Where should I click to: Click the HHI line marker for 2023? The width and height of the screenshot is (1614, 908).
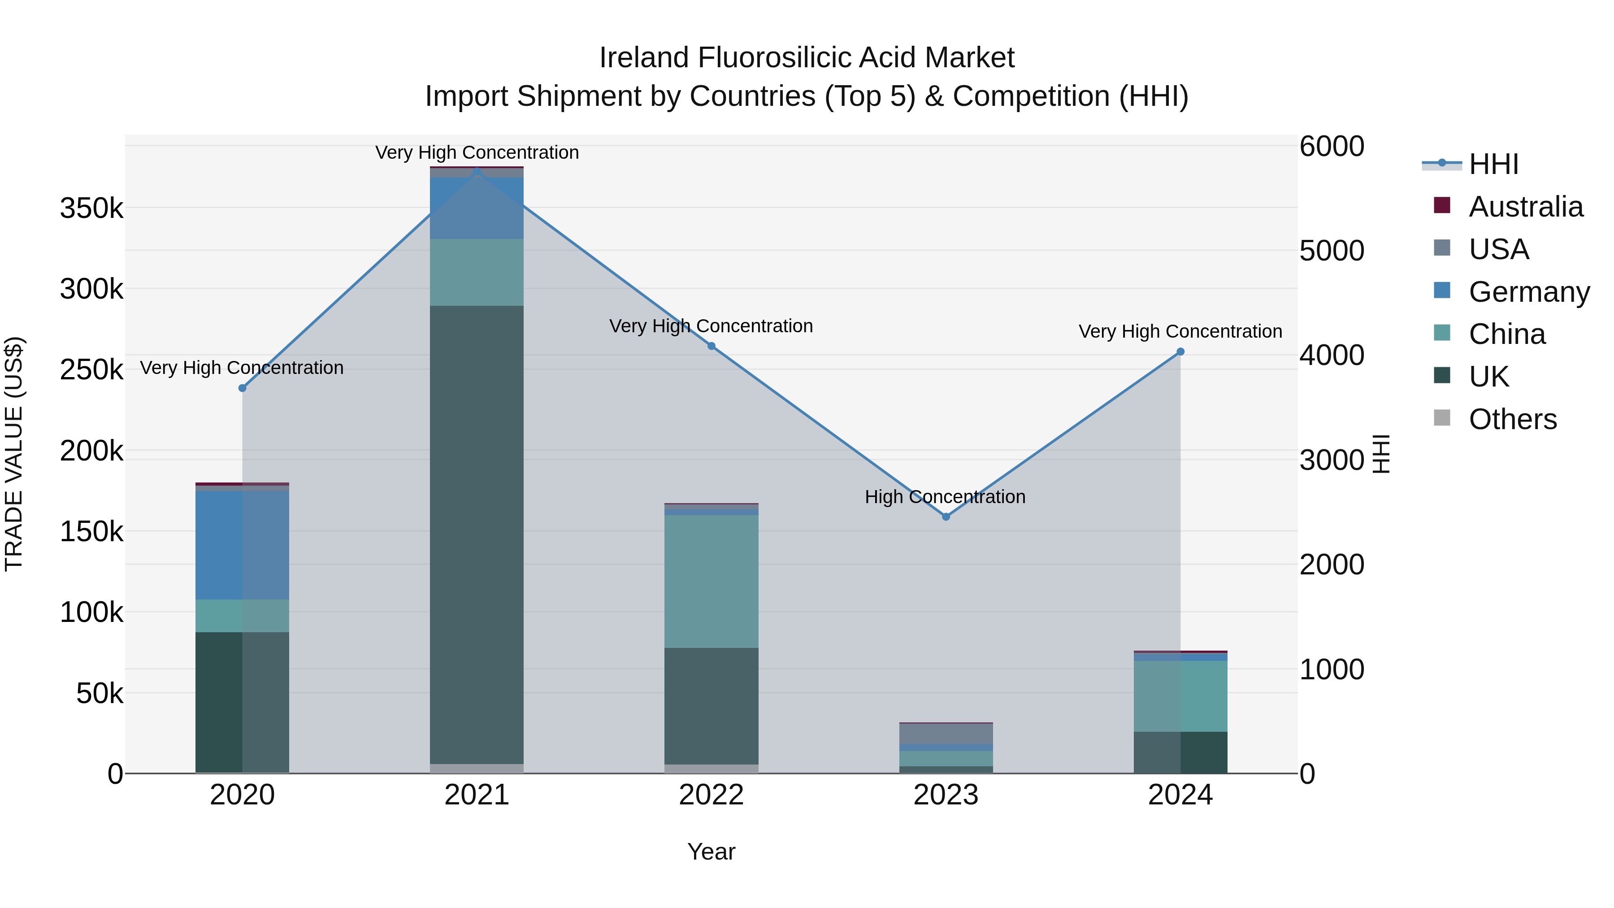[946, 517]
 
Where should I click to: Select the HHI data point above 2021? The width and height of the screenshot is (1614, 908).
[477, 171]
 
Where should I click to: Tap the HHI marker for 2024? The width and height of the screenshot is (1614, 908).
[1180, 352]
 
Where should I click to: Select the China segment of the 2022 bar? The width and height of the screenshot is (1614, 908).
[711, 581]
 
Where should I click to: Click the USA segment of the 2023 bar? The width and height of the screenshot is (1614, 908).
[946, 733]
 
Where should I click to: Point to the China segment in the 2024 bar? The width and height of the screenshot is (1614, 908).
[1180, 695]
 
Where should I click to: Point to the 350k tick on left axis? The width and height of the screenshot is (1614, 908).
[91, 208]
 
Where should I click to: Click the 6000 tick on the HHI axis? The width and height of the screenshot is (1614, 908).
[1332, 147]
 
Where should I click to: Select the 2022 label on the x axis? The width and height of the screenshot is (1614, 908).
[711, 795]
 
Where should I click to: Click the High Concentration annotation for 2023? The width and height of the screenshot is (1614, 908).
[945, 497]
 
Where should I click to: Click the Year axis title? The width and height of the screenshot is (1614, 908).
[711, 852]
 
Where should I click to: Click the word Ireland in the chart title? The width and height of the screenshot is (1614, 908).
[645, 58]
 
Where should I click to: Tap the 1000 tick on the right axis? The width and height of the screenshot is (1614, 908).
[1332, 670]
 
